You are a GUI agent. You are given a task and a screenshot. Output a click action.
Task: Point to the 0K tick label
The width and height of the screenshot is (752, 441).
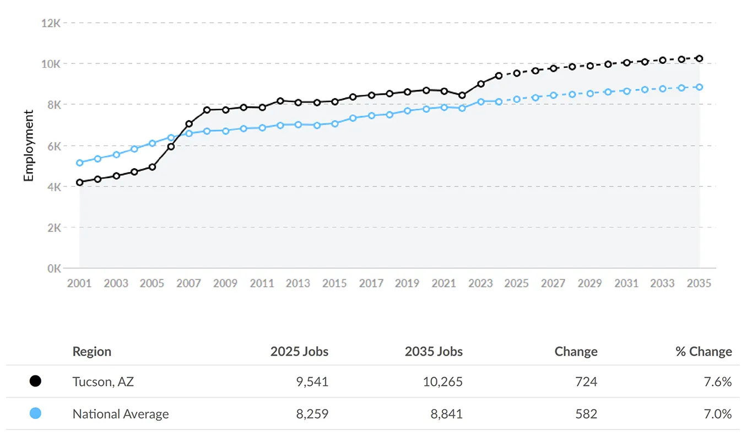(52, 268)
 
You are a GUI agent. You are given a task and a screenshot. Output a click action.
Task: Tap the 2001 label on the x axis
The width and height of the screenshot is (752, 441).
(79, 283)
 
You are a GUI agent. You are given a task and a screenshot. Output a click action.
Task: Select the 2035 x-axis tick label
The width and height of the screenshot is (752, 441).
(699, 283)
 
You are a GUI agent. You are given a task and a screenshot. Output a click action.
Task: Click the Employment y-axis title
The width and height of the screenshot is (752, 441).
(29, 146)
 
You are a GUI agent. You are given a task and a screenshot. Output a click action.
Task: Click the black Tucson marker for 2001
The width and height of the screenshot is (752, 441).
(80, 182)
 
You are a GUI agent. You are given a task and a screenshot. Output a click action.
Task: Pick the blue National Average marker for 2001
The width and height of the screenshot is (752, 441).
(80, 163)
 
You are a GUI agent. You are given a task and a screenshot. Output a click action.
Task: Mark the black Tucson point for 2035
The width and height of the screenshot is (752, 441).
(699, 58)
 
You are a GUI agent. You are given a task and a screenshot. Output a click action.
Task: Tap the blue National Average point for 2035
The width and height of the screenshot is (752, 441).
(699, 87)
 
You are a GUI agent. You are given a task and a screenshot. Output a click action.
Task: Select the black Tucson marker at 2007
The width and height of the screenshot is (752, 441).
(189, 124)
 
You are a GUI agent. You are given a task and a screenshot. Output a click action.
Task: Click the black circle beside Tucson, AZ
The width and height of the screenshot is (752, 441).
(35, 381)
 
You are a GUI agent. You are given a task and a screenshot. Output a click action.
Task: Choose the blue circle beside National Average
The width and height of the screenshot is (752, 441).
(35, 413)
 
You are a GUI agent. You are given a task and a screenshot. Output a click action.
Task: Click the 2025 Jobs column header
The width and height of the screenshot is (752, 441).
(299, 352)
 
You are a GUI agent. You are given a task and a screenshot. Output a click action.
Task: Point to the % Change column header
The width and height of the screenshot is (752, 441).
(704, 352)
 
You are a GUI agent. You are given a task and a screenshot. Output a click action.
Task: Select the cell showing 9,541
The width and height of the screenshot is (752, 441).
(310, 381)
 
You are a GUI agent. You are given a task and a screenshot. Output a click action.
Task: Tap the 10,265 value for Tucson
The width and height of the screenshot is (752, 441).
(442, 381)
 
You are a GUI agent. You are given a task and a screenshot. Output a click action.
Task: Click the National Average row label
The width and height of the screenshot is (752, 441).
(121, 414)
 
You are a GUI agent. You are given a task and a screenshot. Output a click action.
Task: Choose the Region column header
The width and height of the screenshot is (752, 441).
(92, 352)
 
